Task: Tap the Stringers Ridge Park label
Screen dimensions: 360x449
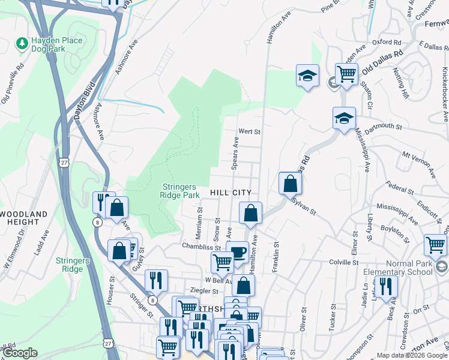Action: (179, 191)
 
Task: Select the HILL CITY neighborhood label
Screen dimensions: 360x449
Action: (230, 192)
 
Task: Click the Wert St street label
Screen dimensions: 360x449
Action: (249, 131)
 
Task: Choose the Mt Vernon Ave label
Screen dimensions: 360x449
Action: (417, 163)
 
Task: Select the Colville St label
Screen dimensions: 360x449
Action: (343, 262)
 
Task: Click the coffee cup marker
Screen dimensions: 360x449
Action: (238, 251)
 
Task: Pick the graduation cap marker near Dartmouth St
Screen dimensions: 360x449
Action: (344, 118)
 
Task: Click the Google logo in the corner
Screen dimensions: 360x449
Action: (21, 353)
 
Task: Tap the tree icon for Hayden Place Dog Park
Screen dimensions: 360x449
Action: (22, 43)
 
